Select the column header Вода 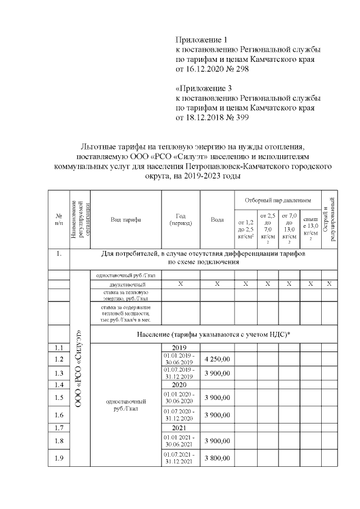pos(217,220)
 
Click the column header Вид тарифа pos(126,220)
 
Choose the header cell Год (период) pos(181,220)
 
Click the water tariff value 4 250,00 pos(217,358)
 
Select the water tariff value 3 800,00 pos(217,458)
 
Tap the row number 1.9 pos(58,458)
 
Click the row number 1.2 pos(58,359)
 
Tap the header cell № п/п pos(58,220)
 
